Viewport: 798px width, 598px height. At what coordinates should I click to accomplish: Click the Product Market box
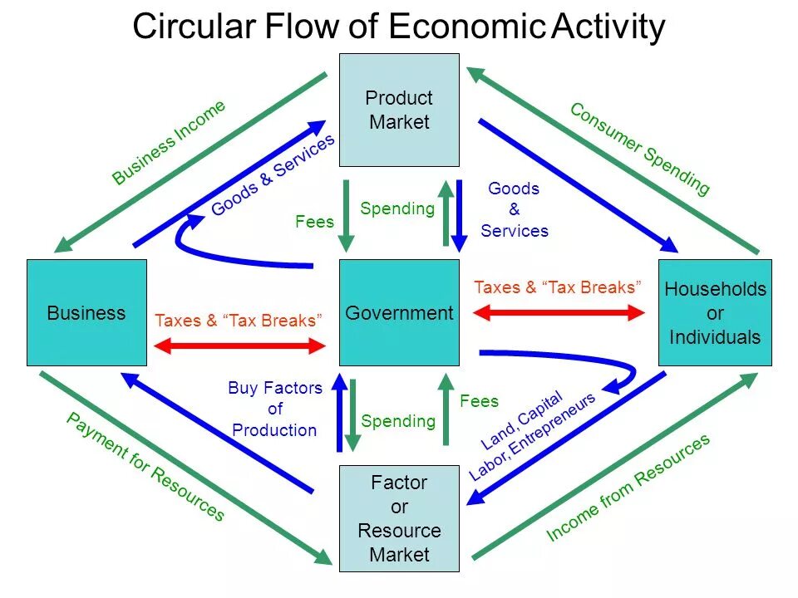[399, 110]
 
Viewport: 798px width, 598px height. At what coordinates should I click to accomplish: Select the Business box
[86, 313]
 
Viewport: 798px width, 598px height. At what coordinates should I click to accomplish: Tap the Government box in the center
[399, 313]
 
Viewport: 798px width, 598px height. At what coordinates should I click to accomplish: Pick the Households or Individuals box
[715, 313]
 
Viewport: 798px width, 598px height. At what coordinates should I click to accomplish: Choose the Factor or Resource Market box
[399, 518]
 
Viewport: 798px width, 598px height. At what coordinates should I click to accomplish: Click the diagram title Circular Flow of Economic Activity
[399, 27]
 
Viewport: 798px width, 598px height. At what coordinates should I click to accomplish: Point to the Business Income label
[169, 142]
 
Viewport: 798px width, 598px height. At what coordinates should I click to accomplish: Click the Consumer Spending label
[639, 149]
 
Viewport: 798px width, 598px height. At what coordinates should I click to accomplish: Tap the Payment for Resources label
[145, 467]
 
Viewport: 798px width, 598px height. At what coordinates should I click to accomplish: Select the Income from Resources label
[628, 488]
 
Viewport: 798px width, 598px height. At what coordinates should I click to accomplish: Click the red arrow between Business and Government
[240, 346]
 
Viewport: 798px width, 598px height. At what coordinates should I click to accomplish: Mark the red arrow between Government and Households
[558, 313]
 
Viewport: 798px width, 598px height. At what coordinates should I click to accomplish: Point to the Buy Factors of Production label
[274, 409]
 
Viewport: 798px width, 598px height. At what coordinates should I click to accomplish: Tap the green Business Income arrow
[191, 161]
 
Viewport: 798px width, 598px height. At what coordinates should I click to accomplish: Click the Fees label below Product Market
[314, 222]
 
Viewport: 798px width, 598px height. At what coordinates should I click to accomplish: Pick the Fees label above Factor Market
[479, 401]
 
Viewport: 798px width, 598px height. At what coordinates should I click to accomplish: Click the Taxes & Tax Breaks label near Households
[558, 287]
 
